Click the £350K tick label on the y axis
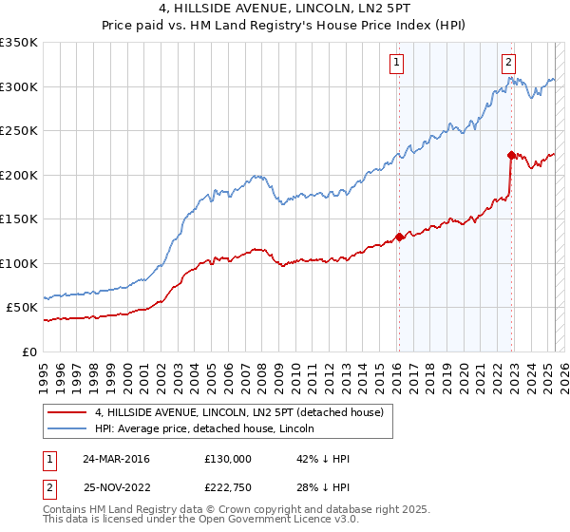click(x=19, y=43)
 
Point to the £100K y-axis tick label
click(x=19, y=263)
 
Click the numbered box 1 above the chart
click(x=395, y=63)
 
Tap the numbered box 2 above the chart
click(x=509, y=63)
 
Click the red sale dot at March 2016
click(x=399, y=237)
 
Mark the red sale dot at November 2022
click(x=511, y=155)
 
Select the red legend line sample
click(x=67, y=412)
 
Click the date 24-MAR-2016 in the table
click(x=117, y=459)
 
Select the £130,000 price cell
click(x=228, y=459)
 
